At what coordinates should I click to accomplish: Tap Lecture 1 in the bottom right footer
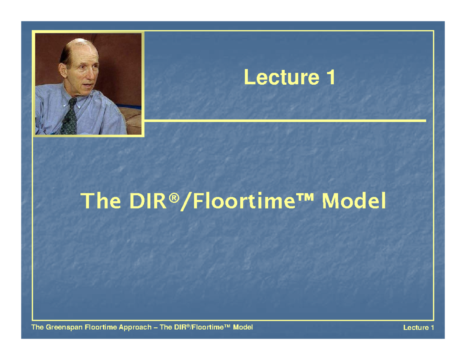[x=418, y=328]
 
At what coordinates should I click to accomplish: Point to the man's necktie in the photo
[x=70, y=117]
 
